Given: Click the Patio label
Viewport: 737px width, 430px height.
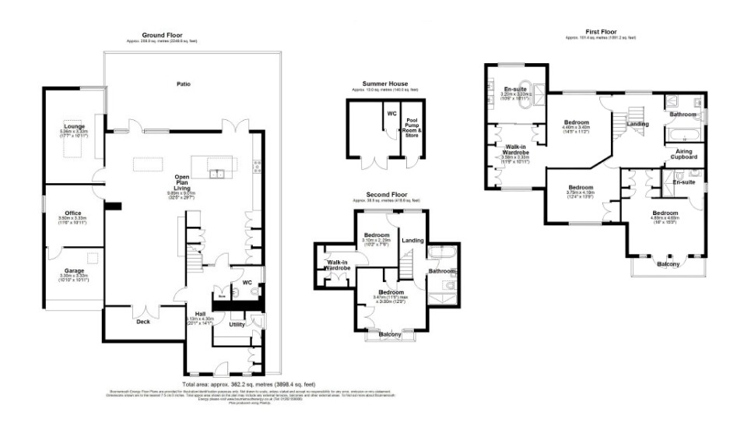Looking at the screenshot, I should tap(183, 83).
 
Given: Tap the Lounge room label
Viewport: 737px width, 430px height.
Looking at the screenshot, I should tap(75, 125).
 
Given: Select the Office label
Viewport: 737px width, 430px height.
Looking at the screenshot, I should tap(74, 213).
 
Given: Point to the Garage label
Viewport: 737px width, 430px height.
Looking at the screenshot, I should tap(73, 270).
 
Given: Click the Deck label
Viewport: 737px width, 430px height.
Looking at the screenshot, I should tap(143, 321).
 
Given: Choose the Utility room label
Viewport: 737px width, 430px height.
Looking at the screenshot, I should tap(237, 324).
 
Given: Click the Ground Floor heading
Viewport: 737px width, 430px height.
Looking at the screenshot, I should tap(162, 35).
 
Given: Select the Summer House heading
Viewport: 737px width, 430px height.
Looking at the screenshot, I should tap(384, 83).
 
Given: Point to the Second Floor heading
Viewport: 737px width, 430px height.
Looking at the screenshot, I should tap(388, 194).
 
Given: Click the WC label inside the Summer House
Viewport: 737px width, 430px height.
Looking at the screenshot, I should tap(392, 113).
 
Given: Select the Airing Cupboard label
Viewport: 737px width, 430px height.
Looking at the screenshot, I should tap(685, 153).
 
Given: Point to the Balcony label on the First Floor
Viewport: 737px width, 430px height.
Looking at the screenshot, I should tap(669, 264).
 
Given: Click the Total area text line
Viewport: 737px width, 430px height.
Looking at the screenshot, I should tap(248, 384).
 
